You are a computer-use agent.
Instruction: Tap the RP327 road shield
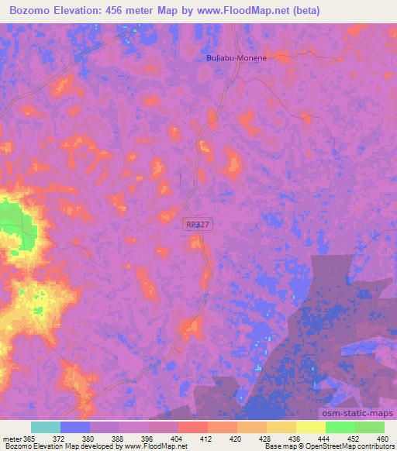[x=196, y=224]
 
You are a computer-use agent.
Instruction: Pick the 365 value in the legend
[x=30, y=438]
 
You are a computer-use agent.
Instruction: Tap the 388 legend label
[x=119, y=438]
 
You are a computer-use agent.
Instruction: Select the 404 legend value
[x=178, y=438]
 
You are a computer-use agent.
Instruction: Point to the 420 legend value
[x=236, y=438]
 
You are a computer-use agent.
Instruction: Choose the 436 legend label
[x=295, y=438]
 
